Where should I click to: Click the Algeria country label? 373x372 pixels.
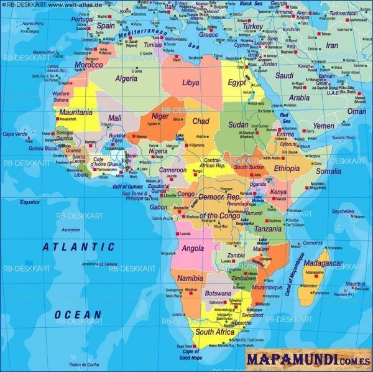[126, 78]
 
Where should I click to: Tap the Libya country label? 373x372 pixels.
[191, 82]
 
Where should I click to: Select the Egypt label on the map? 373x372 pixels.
[237, 83]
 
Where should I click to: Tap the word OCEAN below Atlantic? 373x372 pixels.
[77, 314]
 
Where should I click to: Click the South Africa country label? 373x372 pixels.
[214, 332]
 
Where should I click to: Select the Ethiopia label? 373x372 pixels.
[287, 169]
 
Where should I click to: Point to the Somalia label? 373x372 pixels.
[328, 171]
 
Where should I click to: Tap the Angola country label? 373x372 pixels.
[193, 248]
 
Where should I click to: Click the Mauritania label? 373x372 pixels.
[76, 112]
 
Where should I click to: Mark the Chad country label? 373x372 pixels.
[201, 121]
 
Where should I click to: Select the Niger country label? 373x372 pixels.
[160, 116]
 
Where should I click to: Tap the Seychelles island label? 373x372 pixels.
[343, 212]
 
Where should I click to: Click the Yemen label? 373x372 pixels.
[323, 125]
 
